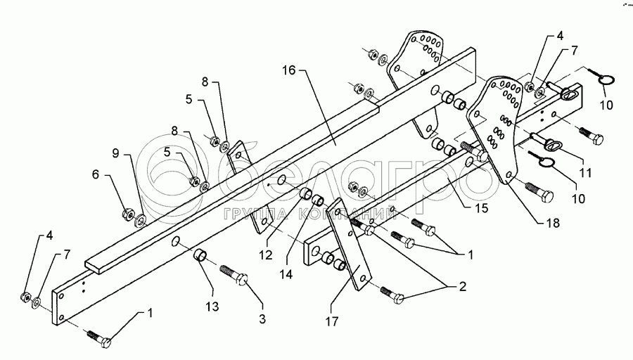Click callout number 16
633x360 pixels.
[288, 70]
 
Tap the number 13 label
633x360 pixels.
[212, 307]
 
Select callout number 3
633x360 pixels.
[262, 319]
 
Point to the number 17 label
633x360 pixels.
[332, 321]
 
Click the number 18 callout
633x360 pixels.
[553, 223]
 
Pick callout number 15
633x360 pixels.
[482, 208]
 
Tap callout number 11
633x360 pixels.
[585, 173]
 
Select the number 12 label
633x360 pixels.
[266, 255]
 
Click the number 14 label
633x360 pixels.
[286, 274]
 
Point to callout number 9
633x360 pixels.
[116, 153]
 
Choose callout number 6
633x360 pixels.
[95, 174]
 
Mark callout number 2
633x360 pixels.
[463, 287]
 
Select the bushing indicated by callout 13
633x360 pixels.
[200, 255]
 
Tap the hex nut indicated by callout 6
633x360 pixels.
[129, 213]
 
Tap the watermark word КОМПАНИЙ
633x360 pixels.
[348, 214]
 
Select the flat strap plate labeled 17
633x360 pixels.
[349, 244]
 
